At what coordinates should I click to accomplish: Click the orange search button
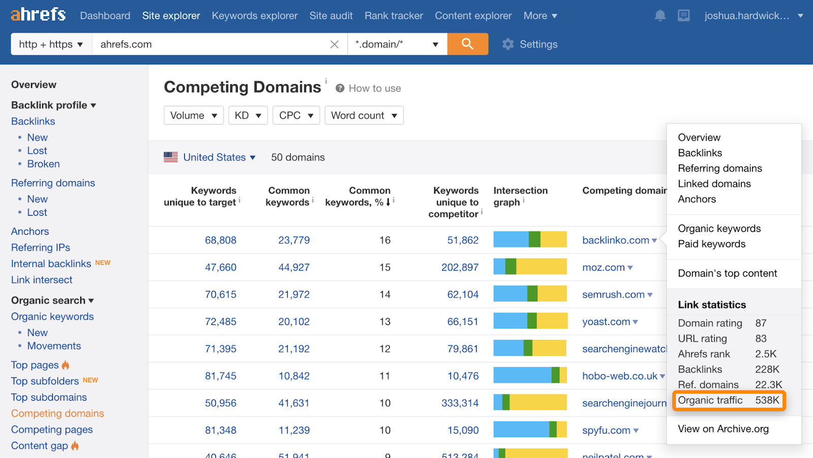click(467, 44)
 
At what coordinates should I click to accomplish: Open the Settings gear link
click(529, 44)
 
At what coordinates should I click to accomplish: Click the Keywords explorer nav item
click(255, 16)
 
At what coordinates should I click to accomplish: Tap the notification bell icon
click(660, 16)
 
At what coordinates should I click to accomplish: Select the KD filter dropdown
click(247, 115)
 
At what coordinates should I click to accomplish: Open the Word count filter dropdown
click(364, 115)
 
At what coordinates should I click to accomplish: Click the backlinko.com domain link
click(615, 240)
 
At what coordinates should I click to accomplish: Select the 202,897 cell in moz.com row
click(460, 267)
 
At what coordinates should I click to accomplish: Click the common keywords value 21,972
click(294, 295)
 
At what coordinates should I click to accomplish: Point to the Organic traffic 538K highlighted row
click(729, 400)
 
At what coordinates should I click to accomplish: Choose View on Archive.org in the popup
click(723, 429)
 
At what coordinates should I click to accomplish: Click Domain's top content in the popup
click(727, 273)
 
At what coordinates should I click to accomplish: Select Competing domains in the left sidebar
click(57, 413)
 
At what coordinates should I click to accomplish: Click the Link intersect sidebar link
click(42, 280)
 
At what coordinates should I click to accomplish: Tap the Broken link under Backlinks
click(43, 164)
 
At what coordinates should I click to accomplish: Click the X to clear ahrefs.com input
click(334, 44)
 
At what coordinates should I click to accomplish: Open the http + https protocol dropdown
click(51, 44)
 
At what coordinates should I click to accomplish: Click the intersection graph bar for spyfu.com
click(529, 430)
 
